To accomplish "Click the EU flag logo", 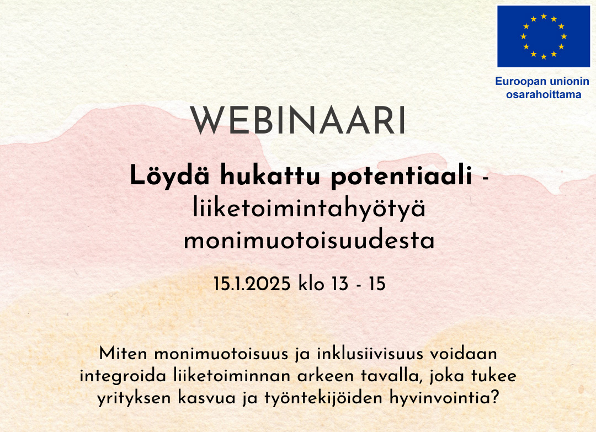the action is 544,36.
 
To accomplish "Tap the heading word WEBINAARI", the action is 298,120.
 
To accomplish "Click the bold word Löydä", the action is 169,177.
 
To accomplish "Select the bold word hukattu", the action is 271,175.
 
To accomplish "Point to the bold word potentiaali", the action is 402,177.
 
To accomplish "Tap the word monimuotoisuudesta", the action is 309,241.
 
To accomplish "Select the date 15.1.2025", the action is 252,284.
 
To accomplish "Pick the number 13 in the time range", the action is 340,284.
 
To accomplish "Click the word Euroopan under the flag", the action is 520,82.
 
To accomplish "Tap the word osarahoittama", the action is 544,94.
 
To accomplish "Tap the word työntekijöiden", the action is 323,398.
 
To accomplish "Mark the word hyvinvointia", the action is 444,398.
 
